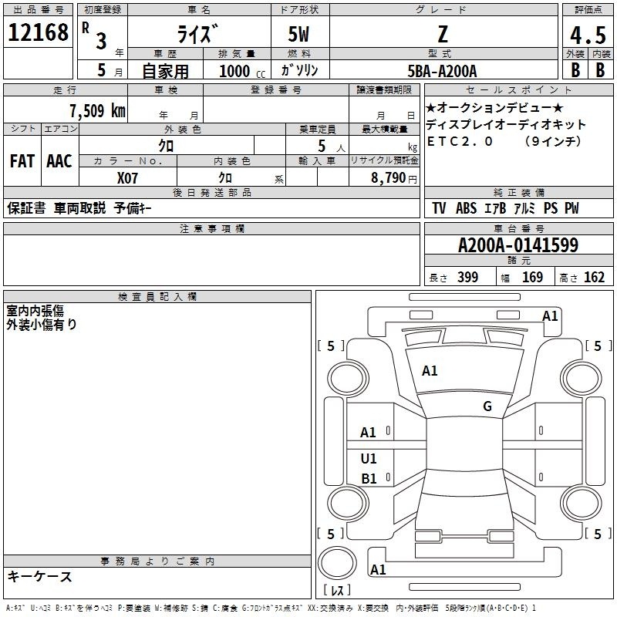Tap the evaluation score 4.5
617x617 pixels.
point(588,35)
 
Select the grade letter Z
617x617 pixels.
point(443,35)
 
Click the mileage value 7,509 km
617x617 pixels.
point(96,110)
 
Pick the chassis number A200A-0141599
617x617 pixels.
point(518,245)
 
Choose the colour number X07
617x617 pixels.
point(128,177)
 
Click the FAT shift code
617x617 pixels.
point(22,161)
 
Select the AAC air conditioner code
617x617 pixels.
point(59,161)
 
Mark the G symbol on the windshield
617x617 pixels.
point(487,406)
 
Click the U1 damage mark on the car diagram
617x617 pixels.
point(369,459)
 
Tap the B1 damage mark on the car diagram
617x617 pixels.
point(369,479)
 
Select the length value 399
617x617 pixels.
point(467,278)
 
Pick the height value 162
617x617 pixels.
point(594,278)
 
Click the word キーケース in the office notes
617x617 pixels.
point(39,576)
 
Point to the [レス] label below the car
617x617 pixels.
point(337,591)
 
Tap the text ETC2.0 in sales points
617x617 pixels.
point(460,141)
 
